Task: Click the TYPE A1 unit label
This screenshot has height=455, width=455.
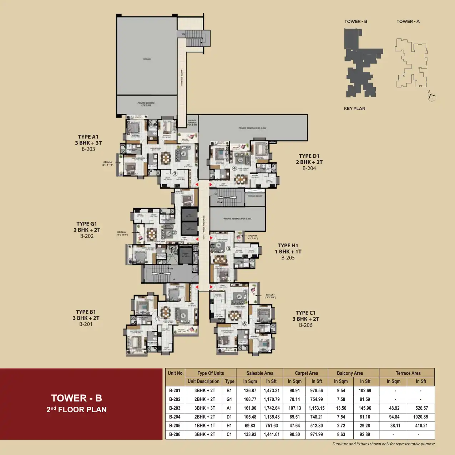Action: pos(88,137)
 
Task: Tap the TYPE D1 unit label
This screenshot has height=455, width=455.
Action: pos(309,156)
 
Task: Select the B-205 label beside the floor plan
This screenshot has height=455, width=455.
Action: pos(288,258)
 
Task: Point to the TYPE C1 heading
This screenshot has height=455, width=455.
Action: pos(305,313)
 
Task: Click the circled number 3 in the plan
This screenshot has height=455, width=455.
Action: pos(175,174)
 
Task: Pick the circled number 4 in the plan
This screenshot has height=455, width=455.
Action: pos(234,168)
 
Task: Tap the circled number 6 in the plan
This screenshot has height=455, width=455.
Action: pos(244,324)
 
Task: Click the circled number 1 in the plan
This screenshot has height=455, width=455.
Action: pos(158,318)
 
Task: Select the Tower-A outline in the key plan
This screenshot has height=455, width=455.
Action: pos(411,63)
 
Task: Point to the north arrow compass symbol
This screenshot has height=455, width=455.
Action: pos(431,96)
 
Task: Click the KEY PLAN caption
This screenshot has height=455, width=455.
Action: pos(354,108)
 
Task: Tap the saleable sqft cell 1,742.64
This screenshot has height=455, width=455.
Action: pos(272,408)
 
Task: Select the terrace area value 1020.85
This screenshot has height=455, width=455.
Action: pos(420,417)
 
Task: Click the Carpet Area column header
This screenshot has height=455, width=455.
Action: pos(306,373)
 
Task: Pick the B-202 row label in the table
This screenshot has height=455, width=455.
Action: pos(175,399)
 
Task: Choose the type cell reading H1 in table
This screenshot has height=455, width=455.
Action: pos(229,426)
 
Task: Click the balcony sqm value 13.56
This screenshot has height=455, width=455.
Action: pos(341,408)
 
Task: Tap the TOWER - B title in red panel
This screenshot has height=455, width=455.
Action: pos(76,398)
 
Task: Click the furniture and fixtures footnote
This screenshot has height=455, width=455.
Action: pos(383,444)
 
